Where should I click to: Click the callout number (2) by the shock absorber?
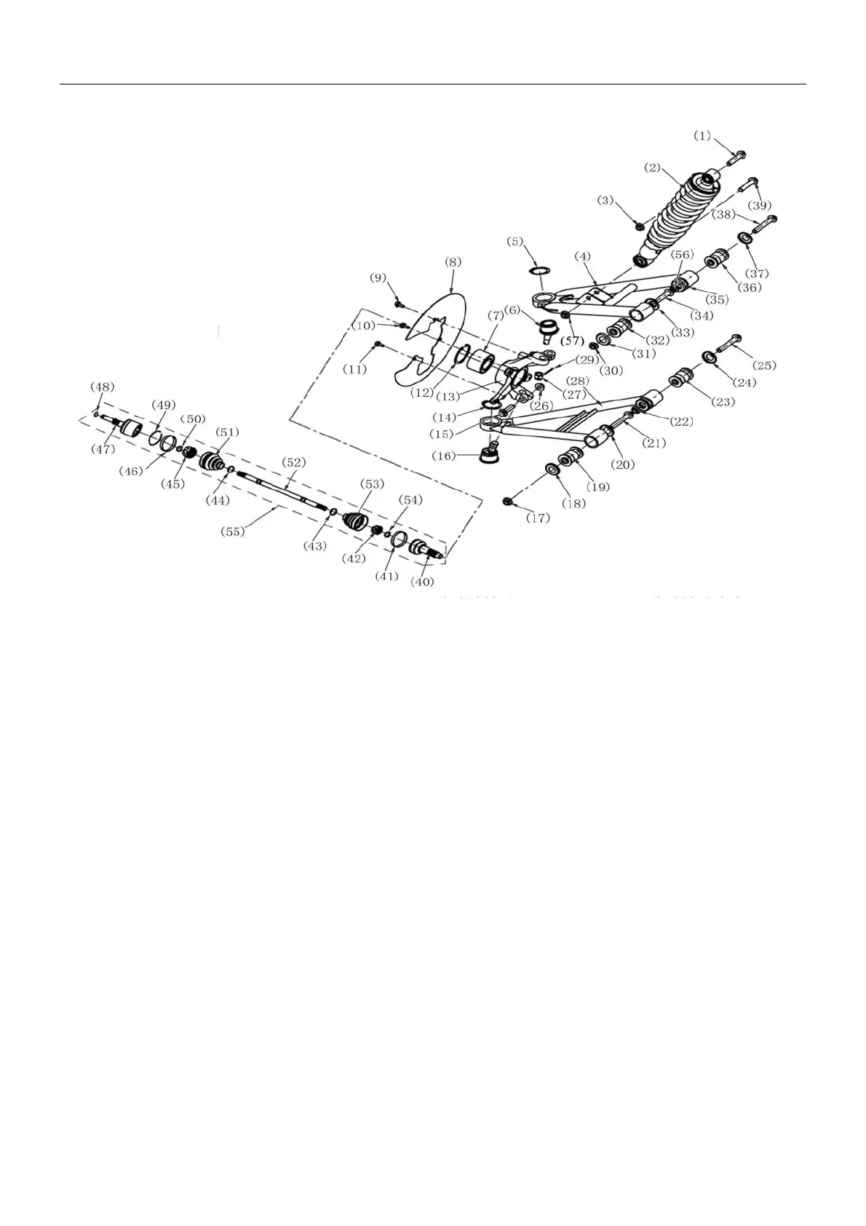(652, 167)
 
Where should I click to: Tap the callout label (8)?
(452, 261)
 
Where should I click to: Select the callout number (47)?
(103, 450)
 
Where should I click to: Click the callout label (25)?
(764, 365)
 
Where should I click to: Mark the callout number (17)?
(539, 518)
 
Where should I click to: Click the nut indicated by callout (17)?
(509, 500)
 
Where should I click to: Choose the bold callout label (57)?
(573, 341)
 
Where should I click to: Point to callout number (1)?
(701, 135)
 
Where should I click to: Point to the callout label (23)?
(723, 402)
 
